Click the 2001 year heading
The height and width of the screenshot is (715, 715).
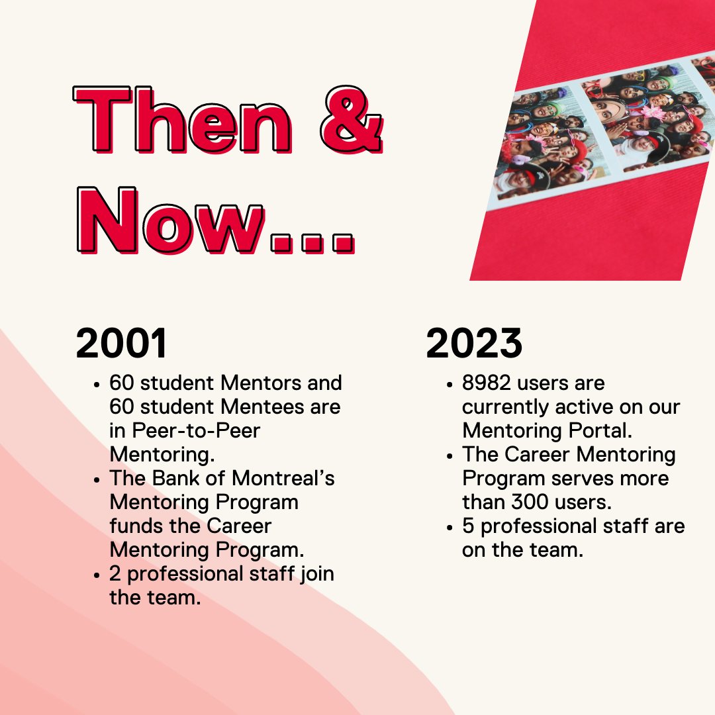[x=122, y=343]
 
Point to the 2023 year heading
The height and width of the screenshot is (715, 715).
[x=474, y=343]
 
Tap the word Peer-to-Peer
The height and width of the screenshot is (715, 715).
[x=185, y=430]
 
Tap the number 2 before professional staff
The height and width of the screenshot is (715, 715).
[x=116, y=573]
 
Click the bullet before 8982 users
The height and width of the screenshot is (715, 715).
[x=450, y=385]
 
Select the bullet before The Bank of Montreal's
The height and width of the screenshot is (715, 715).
[x=97, y=479]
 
